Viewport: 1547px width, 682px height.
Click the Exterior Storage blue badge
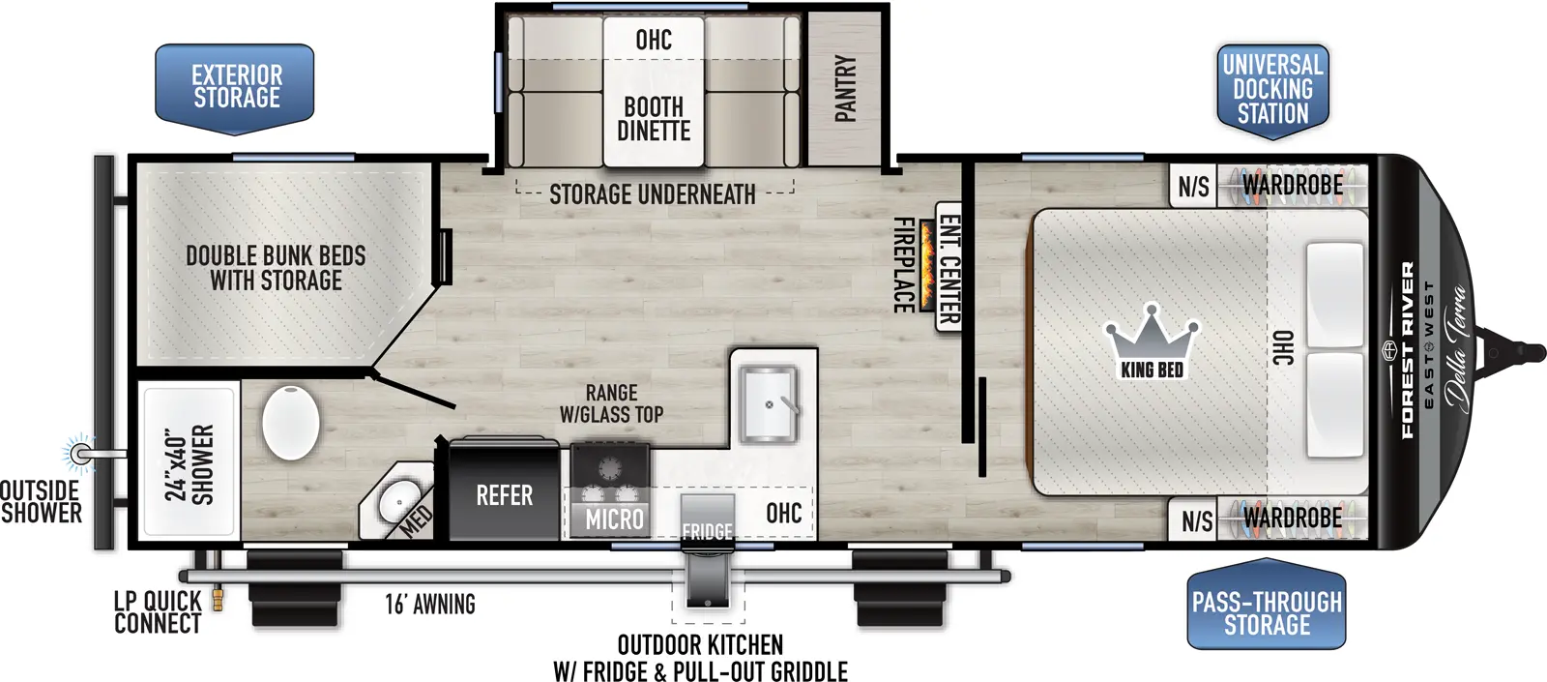(x=235, y=87)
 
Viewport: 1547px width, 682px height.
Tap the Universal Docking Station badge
(x=1272, y=90)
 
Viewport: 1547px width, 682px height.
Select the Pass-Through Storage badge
(x=1267, y=613)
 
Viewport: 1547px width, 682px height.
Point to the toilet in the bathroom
(x=290, y=423)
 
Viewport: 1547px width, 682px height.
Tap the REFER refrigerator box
(x=504, y=495)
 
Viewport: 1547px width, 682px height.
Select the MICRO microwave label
(x=614, y=519)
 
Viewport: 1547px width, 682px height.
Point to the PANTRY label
(x=846, y=88)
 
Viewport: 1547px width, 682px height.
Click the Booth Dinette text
(x=654, y=119)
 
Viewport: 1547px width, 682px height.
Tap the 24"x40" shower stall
(x=190, y=463)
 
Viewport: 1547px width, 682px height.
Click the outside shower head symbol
(x=80, y=452)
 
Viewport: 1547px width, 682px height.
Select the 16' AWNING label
(x=430, y=605)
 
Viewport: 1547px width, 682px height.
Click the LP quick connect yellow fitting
(x=218, y=599)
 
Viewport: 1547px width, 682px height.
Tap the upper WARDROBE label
(x=1292, y=185)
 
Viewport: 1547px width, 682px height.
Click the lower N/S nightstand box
(x=1196, y=521)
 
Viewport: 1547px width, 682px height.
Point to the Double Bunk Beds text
(x=276, y=268)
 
